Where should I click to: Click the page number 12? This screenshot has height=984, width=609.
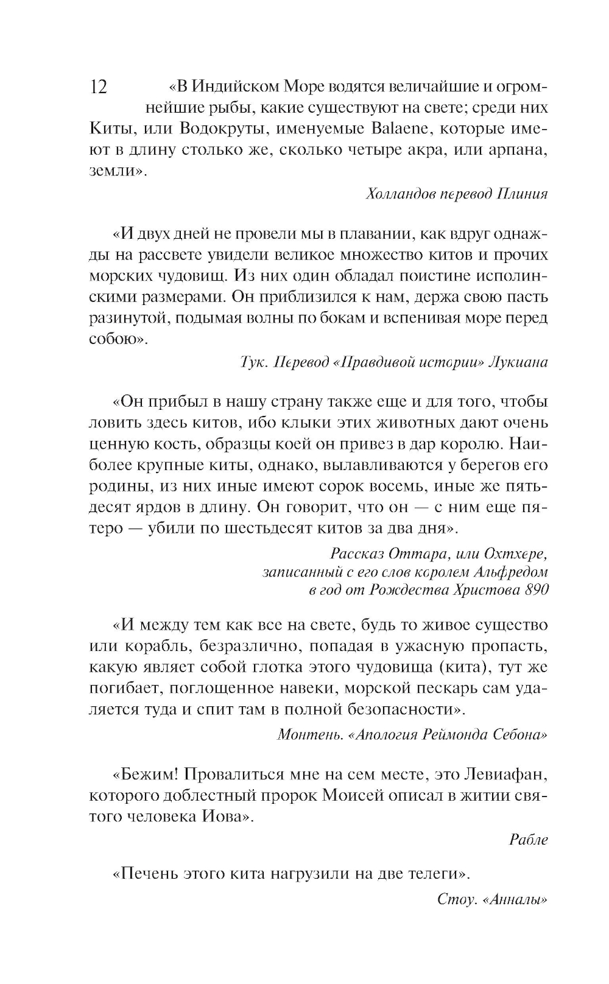tap(99, 88)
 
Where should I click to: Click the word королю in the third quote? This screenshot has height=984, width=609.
tap(471, 444)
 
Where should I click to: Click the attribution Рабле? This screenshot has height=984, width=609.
tap(529, 839)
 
